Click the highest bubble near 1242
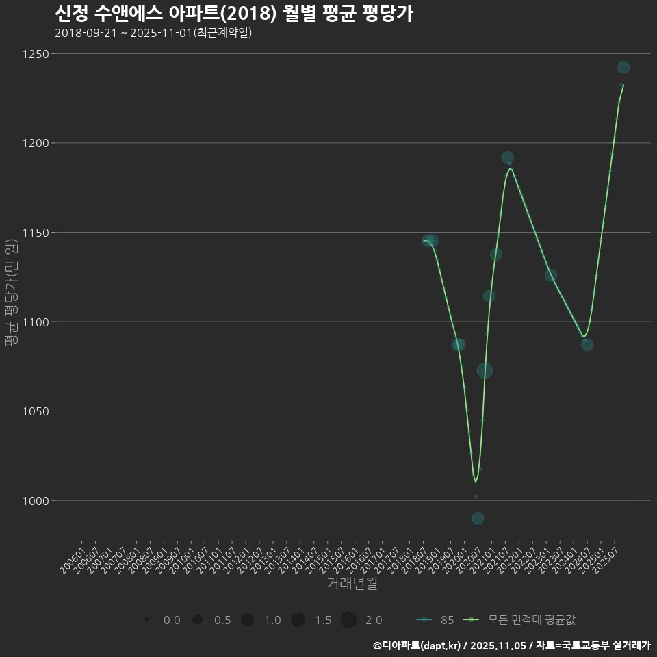pos(623,67)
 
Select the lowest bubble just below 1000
pos(478,518)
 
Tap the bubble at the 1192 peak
pos(507,157)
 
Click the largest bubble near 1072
pos(485,371)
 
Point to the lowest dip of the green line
pos(476,482)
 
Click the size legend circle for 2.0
pos(348,620)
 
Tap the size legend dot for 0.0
pos(147,620)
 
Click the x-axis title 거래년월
pos(352,584)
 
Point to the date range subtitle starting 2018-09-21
pos(153,33)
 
